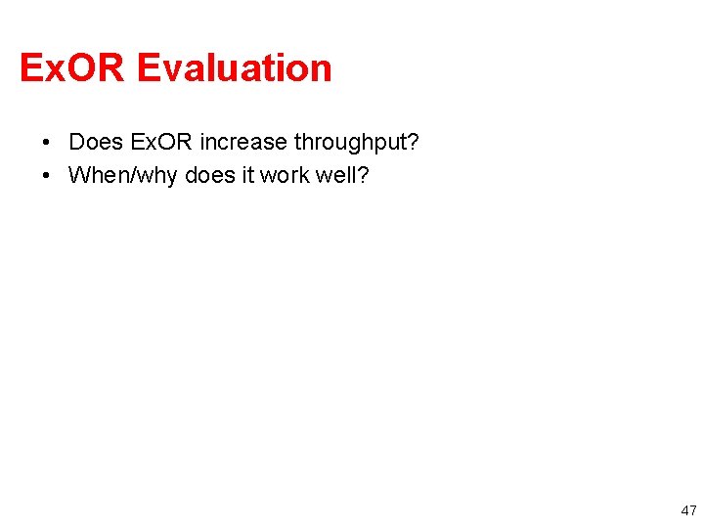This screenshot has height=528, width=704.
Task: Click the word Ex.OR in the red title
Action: pos(73,68)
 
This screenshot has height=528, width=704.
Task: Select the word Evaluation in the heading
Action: pos(235,68)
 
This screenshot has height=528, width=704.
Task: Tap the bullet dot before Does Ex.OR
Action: pos(47,143)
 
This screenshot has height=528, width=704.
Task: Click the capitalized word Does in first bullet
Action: pos(96,143)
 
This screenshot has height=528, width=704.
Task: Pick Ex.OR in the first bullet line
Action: pos(161,143)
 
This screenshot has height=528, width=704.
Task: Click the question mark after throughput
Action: pos(414,143)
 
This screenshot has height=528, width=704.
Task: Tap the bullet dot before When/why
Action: pos(47,176)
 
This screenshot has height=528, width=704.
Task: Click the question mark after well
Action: pos(364,176)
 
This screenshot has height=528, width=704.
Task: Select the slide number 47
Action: pos(689,510)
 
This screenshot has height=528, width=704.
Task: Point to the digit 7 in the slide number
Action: pos(693,510)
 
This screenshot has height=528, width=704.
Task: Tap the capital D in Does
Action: pos(76,143)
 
